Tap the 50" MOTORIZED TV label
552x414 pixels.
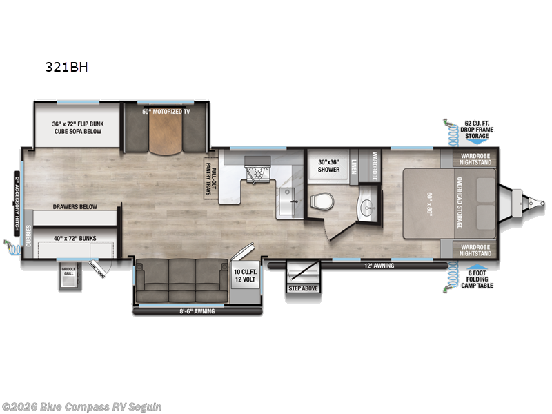(165, 110)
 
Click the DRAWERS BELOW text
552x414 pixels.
(75, 206)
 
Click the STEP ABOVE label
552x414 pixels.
(303, 288)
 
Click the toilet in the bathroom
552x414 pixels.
(319, 201)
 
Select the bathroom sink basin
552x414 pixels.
(367, 206)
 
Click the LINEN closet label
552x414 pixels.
(354, 166)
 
